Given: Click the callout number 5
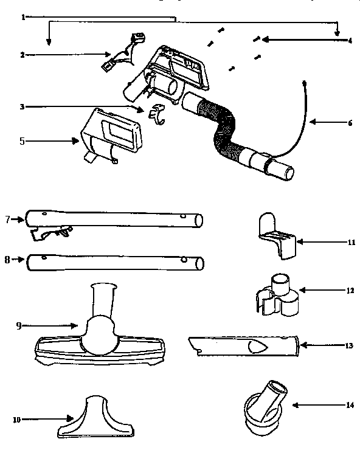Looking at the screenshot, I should (22, 141).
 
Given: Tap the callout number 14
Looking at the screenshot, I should (350, 404).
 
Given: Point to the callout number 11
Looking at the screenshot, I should (351, 242).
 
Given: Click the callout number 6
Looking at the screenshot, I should (350, 122).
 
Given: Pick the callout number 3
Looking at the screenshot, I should (22, 107).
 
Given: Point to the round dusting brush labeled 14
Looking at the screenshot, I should (264, 407).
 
